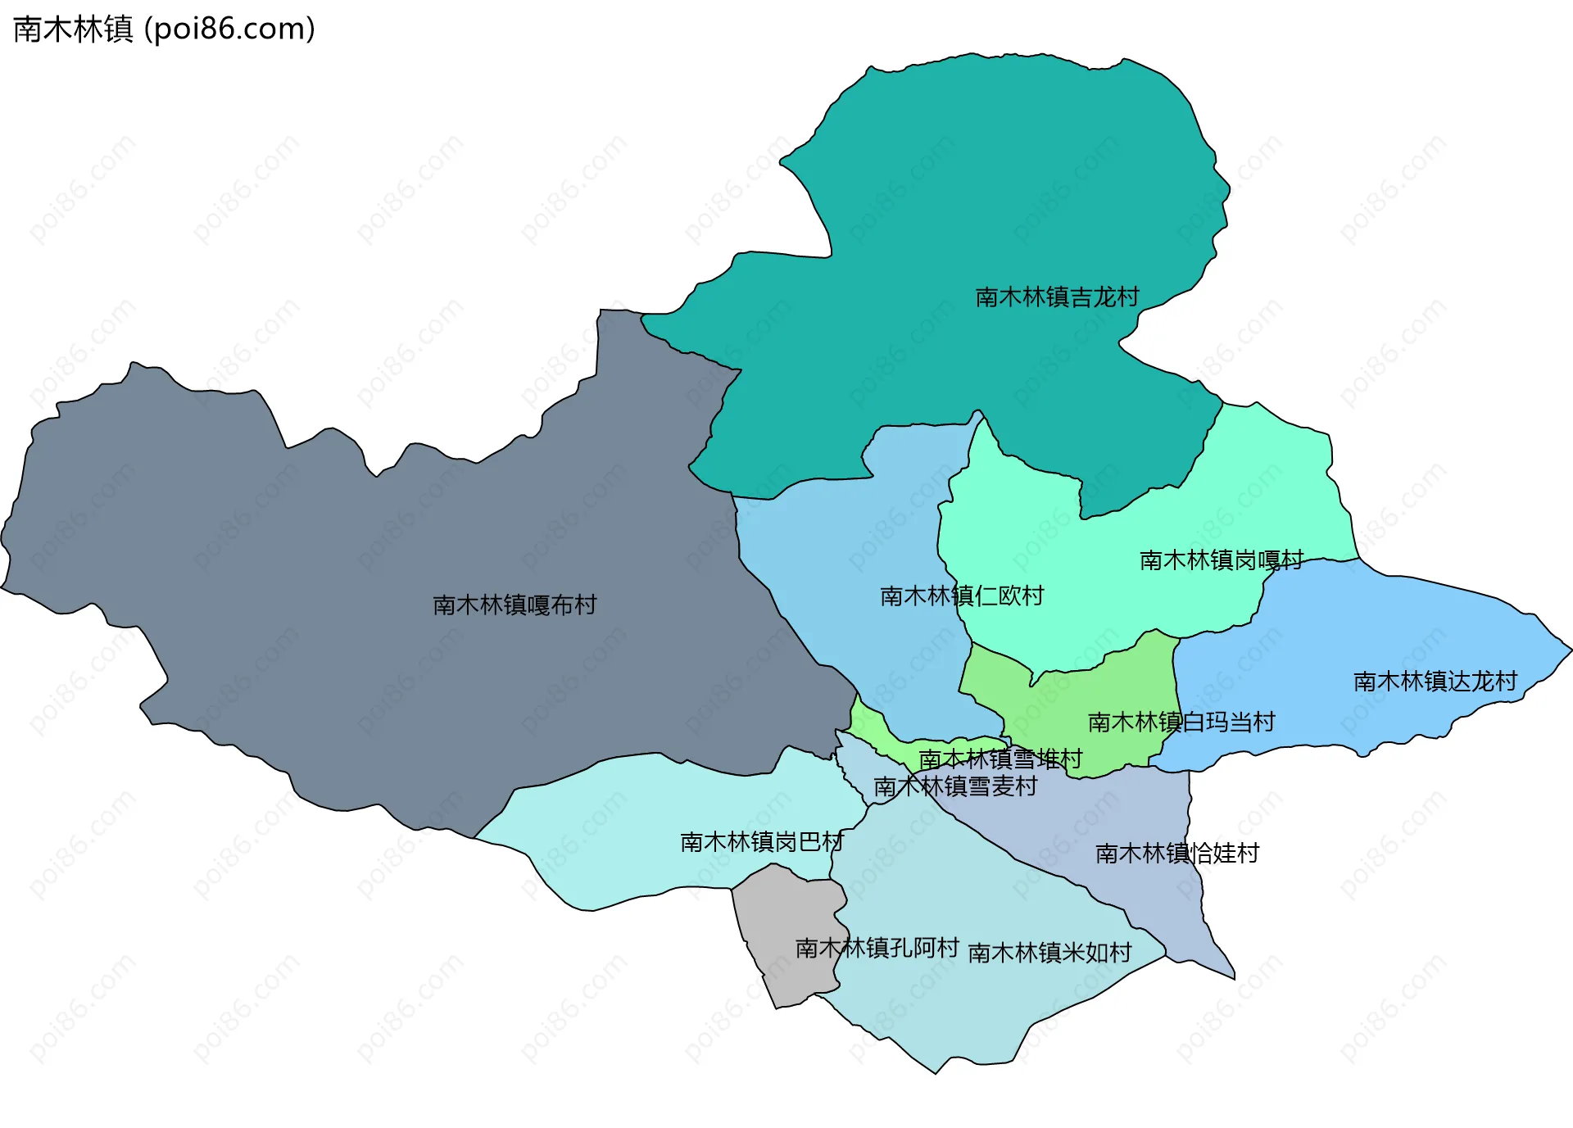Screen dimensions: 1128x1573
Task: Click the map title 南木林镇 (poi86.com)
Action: click(x=164, y=29)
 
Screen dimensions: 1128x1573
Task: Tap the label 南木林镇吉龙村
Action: click(x=1057, y=297)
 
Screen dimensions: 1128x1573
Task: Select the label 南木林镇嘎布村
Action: click(x=515, y=605)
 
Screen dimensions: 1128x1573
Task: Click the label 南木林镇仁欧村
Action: click(x=962, y=596)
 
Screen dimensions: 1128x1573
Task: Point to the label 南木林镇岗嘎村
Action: click(x=1221, y=560)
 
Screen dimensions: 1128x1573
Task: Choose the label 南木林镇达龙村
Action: click(x=1435, y=682)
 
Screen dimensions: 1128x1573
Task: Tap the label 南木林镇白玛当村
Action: click(x=1181, y=723)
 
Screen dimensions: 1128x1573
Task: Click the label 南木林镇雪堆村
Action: click(x=1000, y=759)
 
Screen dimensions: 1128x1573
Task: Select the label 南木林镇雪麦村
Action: click(x=955, y=786)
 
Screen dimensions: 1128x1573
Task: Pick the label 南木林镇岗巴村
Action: click(x=762, y=842)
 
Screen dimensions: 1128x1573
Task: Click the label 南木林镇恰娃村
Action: click(x=1176, y=854)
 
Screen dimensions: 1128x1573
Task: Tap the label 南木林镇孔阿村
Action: click(x=877, y=948)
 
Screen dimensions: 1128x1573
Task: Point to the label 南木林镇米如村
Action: click(x=1049, y=953)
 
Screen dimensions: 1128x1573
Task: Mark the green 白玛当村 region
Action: click(x=1098, y=688)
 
